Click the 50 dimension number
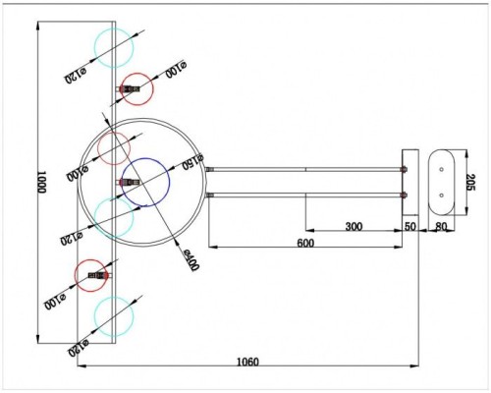point(410,227)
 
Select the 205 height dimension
point(470,183)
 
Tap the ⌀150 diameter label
point(191,160)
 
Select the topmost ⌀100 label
point(178,71)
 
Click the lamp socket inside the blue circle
point(131,182)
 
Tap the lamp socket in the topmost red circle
point(130,89)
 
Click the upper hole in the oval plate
point(441,169)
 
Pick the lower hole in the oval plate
point(441,195)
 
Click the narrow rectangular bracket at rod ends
point(410,182)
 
